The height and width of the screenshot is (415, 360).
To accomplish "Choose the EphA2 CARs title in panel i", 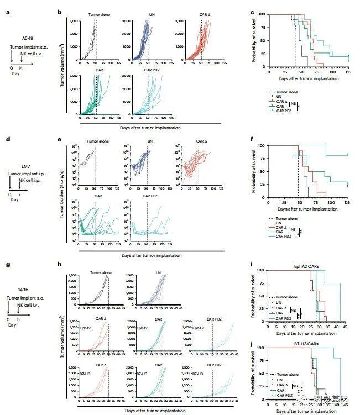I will click(x=306, y=266).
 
